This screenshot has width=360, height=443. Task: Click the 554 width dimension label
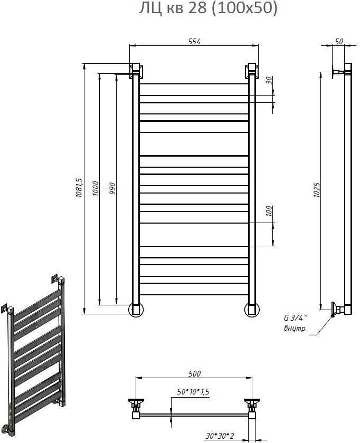(194, 42)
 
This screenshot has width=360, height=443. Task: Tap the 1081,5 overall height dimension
(79, 188)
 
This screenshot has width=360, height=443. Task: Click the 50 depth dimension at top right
(339, 41)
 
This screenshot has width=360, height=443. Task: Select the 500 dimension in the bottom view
(195, 373)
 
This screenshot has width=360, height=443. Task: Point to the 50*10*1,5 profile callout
(193, 391)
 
